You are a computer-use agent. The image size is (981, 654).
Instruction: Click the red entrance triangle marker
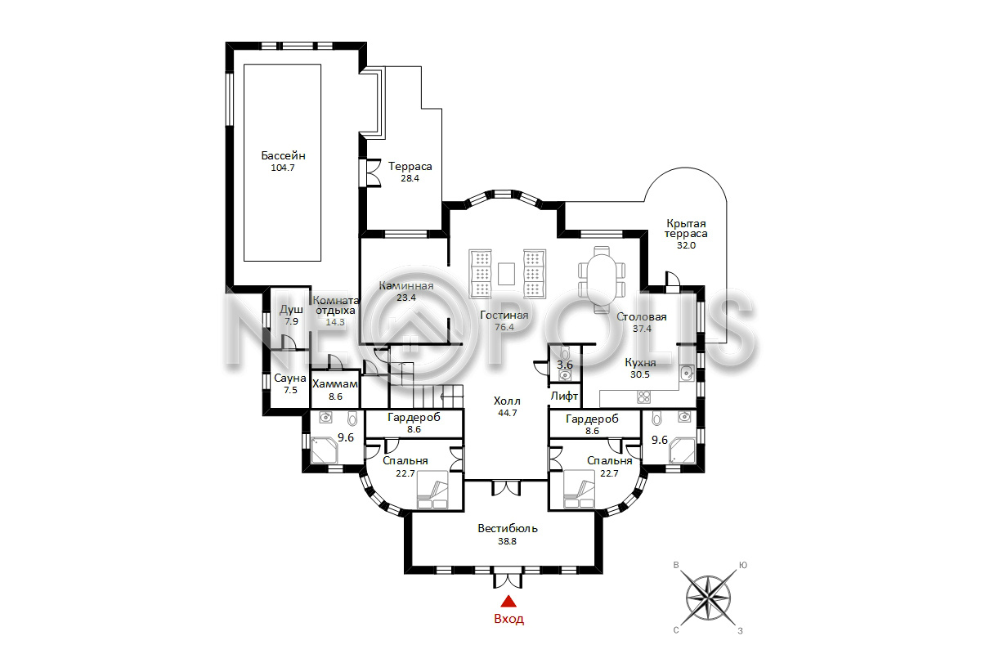[508, 601]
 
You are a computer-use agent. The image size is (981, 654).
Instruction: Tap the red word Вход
[508, 619]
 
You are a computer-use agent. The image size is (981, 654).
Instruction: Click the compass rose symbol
[708, 598]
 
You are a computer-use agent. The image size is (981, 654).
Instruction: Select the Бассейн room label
[283, 155]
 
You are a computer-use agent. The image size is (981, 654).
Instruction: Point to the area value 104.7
[283, 168]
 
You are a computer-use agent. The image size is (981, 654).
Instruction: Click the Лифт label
[564, 396]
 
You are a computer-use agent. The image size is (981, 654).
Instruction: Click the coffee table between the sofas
[506, 273]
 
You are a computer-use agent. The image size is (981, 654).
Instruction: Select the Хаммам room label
[335, 384]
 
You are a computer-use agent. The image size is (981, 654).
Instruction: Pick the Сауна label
[290, 378]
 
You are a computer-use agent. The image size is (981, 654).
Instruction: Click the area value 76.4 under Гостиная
[504, 327]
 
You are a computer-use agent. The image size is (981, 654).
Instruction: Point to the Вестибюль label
[508, 528]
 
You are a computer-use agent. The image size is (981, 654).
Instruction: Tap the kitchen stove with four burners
[644, 396]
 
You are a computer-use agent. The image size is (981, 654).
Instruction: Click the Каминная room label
[406, 286]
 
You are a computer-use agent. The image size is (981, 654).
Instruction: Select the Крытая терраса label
[686, 229]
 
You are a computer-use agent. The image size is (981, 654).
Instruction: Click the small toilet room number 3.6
[565, 365]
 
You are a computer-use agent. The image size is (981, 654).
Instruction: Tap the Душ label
[291, 311]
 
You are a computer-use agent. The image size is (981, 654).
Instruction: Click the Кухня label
[640, 363]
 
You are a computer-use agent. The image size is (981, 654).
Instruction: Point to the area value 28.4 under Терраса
[410, 178]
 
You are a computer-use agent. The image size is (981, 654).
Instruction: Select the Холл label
[507, 401]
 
